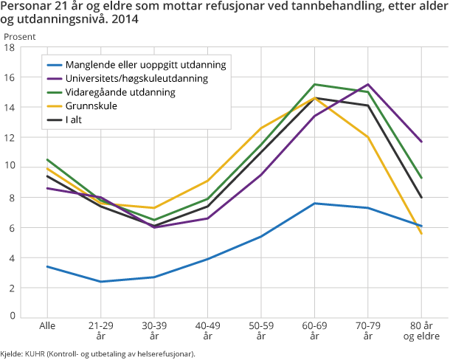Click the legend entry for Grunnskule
(91, 106)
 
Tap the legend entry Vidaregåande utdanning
(120, 92)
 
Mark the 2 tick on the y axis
(12, 288)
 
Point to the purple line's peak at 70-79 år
(367, 84)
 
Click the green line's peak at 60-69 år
(314, 84)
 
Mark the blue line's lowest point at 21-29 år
(101, 281)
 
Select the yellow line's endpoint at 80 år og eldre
(420, 233)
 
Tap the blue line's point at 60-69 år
(314, 203)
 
